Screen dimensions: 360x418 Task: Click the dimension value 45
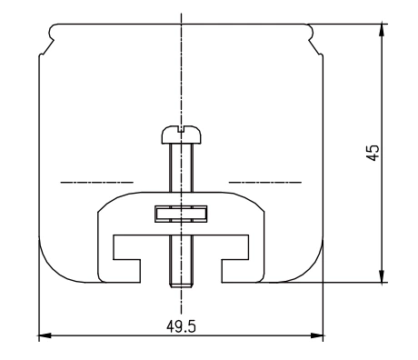click(372, 151)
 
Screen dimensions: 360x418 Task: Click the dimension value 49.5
click(180, 327)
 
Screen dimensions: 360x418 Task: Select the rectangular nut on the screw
click(181, 215)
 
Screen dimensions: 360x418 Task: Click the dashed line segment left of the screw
click(95, 182)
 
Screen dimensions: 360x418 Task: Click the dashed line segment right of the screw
click(264, 182)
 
